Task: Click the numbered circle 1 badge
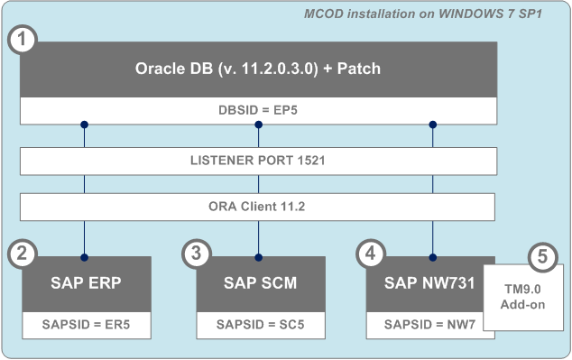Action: point(21,41)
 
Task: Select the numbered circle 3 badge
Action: point(196,254)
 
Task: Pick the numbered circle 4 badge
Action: point(371,254)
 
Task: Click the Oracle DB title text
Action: point(258,69)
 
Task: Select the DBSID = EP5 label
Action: point(258,110)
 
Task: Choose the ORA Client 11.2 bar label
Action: point(258,206)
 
